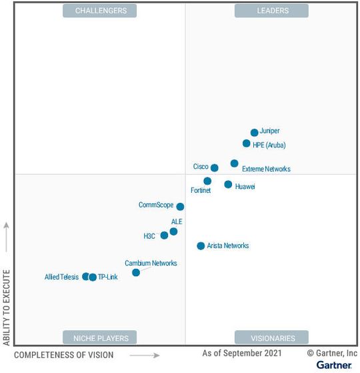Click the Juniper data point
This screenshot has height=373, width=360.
click(x=254, y=133)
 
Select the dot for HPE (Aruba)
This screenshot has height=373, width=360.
click(x=247, y=143)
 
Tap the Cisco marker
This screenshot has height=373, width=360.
click(x=215, y=168)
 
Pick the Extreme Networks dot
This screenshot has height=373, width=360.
click(x=235, y=163)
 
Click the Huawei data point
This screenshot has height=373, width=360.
click(x=228, y=184)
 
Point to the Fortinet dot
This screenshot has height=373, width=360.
click(x=207, y=181)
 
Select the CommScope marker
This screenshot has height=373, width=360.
click(x=180, y=207)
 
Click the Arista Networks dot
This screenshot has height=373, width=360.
click(x=201, y=246)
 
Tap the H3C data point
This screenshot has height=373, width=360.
click(x=164, y=236)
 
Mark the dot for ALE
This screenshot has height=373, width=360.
click(x=173, y=232)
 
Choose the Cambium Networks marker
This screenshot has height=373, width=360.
click(x=136, y=272)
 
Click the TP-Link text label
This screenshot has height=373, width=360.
click(x=107, y=277)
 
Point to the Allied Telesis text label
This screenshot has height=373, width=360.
click(x=61, y=277)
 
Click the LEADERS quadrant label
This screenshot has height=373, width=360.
click(x=271, y=11)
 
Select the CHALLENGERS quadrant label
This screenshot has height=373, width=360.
click(x=99, y=11)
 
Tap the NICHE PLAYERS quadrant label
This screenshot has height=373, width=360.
click(x=99, y=337)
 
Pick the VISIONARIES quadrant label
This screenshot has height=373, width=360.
click(x=271, y=337)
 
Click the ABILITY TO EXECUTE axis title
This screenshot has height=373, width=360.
click(x=7, y=308)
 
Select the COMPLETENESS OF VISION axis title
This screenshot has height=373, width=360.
click(x=64, y=355)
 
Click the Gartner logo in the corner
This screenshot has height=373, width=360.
click(x=334, y=365)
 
